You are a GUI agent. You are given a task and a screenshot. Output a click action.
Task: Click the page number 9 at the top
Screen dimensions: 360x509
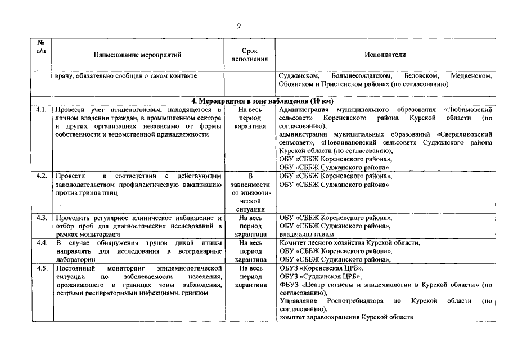(239, 26)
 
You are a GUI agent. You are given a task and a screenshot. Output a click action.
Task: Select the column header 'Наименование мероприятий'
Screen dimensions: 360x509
(138, 55)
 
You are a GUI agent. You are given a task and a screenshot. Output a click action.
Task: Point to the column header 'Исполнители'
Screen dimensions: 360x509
(385, 55)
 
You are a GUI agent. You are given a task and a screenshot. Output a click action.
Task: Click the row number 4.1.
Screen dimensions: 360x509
(41, 110)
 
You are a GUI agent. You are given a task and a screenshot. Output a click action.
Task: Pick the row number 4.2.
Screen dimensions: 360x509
(41, 176)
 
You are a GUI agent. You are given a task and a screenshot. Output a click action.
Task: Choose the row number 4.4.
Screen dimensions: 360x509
(41, 243)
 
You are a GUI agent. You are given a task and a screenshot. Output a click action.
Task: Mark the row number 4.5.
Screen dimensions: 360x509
(41, 269)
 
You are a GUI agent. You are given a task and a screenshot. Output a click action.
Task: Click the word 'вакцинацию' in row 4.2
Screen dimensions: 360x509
(197, 184)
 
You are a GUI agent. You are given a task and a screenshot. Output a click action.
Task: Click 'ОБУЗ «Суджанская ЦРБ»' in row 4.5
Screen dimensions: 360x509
(320, 277)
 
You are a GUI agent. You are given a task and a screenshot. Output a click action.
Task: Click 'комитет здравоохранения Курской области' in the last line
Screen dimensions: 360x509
(346, 318)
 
